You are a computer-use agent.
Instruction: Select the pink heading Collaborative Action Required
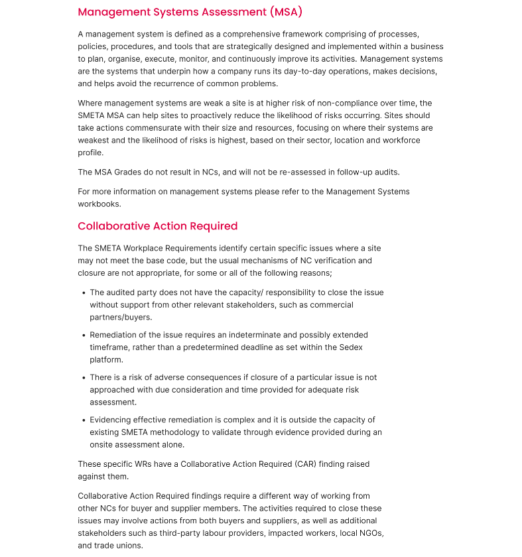click(x=157, y=226)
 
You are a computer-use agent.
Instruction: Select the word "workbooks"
click(x=98, y=204)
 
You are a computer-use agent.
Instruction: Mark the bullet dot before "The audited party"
click(x=84, y=292)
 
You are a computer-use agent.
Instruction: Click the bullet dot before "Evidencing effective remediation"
click(x=84, y=420)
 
